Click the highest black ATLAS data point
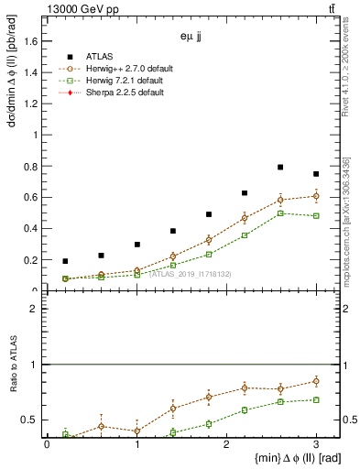(280, 167)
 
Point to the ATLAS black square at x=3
(316, 174)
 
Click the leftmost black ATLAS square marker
(65, 261)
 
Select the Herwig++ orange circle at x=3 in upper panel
(316, 196)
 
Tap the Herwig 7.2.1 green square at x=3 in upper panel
(316, 215)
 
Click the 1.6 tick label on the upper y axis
(32, 40)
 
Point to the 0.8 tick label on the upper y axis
(32, 166)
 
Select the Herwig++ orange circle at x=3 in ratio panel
(316, 381)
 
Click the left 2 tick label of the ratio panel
(35, 309)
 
